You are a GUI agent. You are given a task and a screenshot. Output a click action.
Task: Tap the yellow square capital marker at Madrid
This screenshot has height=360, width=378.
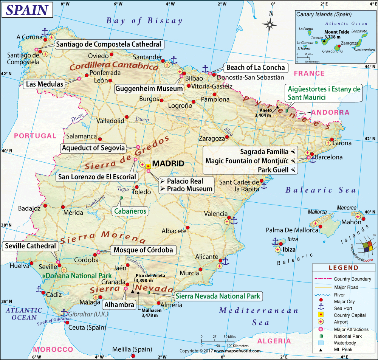(x=148, y=166)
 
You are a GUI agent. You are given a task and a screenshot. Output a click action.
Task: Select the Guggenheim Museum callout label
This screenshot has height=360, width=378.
(x=149, y=89)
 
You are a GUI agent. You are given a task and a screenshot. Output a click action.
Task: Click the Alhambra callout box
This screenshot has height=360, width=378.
(x=119, y=304)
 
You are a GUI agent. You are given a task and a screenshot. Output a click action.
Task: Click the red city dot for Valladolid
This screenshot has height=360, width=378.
(x=128, y=118)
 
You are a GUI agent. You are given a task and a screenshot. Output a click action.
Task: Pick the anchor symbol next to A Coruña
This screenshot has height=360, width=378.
(x=45, y=32)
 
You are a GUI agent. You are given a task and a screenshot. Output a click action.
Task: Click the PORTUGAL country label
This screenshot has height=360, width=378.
(x=34, y=136)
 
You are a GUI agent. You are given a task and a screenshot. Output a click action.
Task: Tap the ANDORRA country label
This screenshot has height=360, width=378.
(x=330, y=113)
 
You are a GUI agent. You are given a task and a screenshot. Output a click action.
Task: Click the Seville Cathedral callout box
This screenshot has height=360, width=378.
(x=31, y=246)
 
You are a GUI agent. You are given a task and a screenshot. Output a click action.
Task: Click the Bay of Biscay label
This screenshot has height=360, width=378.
(x=144, y=21)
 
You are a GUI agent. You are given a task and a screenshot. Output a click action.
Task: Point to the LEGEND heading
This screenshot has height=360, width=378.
(x=343, y=268)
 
